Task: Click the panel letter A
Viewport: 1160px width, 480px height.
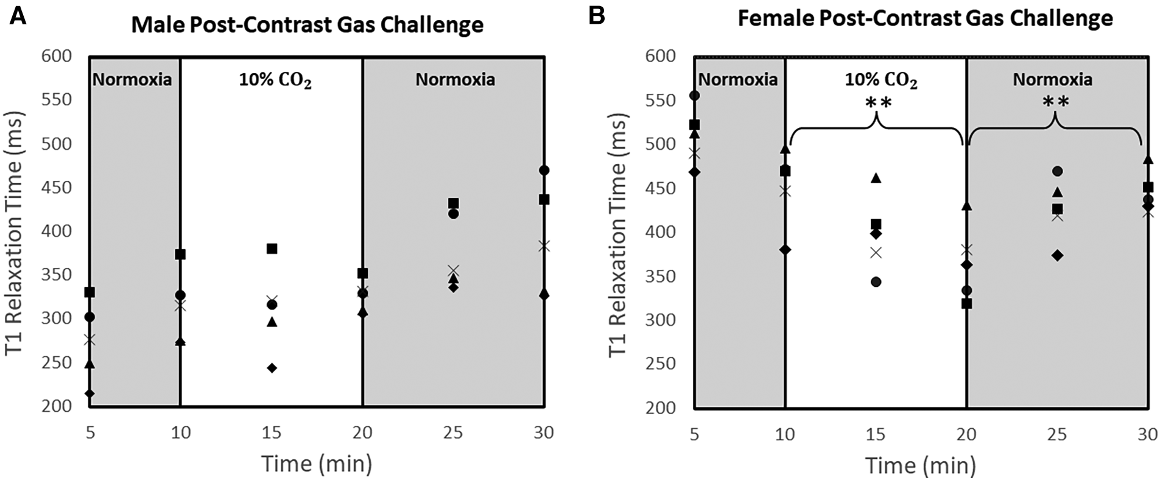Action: pyautogui.click(x=18, y=16)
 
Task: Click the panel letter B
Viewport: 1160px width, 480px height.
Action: pyautogui.click(x=597, y=16)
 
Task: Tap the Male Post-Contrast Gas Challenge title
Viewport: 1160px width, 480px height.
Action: pyautogui.click(x=308, y=26)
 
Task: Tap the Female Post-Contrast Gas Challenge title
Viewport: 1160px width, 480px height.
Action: pyautogui.click(x=925, y=19)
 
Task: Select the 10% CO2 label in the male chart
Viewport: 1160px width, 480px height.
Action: pyautogui.click(x=274, y=80)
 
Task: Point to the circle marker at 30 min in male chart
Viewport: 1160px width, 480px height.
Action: pyautogui.click(x=544, y=171)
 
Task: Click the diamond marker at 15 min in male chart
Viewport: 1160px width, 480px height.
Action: pyautogui.click(x=272, y=368)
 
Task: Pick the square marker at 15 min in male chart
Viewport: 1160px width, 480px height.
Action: pyautogui.click(x=272, y=249)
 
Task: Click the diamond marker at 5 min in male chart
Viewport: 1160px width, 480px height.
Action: pyautogui.click(x=90, y=394)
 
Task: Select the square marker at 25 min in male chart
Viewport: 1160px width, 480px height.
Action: pyautogui.click(x=453, y=203)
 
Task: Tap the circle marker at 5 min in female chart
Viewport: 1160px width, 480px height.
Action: pyautogui.click(x=694, y=96)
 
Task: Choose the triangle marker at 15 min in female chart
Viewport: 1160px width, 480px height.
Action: pyautogui.click(x=876, y=178)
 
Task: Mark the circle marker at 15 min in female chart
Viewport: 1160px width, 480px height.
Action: pyautogui.click(x=876, y=282)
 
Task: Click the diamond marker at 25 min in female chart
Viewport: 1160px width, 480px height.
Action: pyautogui.click(x=1057, y=255)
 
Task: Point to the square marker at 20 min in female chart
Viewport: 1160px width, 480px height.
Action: pyautogui.click(x=966, y=303)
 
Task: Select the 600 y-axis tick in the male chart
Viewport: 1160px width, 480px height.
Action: pyautogui.click(x=56, y=56)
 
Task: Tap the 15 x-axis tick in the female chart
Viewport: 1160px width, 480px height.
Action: pyautogui.click(x=875, y=434)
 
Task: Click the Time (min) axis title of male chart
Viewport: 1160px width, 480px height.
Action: pyautogui.click(x=317, y=465)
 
